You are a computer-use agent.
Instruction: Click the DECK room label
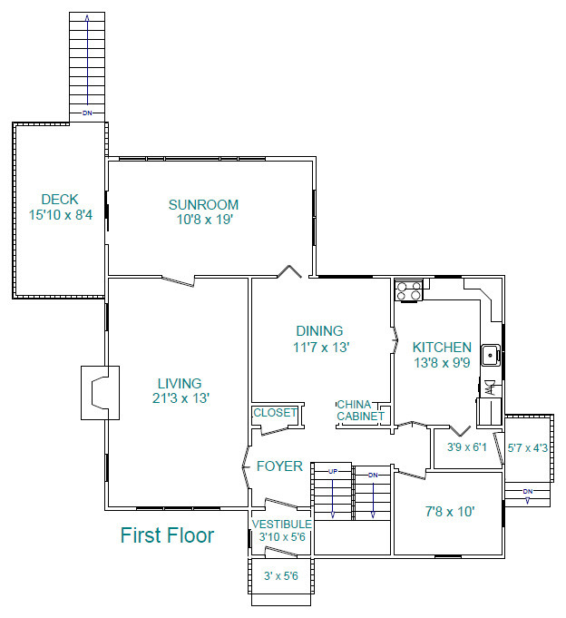tap(60, 200)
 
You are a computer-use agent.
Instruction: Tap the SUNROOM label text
tap(204, 205)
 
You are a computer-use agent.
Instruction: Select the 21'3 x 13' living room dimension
tap(181, 398)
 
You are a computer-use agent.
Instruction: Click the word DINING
tap(319, 330)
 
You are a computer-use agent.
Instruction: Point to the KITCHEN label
tap(442, 348)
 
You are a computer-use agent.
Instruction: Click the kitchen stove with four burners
tap(408, 290)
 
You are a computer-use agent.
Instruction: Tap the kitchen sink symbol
tap(491, 355)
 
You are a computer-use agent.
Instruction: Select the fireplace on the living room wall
tap(100, 393)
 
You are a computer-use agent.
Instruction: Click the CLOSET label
tap(275, 413)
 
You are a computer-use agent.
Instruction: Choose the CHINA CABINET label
tap(360, 410)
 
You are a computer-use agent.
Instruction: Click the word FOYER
tap(279, 466)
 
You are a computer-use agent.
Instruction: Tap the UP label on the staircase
tap(333, 471)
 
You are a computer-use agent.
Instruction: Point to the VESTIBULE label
tap(282, 525)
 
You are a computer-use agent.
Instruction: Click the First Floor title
tap(167, 535)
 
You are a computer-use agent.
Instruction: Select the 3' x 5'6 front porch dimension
tap(281, 576)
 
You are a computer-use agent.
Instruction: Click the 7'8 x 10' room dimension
tap(450, 512)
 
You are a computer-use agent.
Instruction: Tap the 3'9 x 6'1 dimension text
tap(467, 447)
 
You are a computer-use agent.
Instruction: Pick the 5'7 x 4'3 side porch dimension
tap(527, 448)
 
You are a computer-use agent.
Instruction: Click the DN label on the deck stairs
tap(87, 113)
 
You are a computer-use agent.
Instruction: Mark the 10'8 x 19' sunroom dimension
tap(205, 220)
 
